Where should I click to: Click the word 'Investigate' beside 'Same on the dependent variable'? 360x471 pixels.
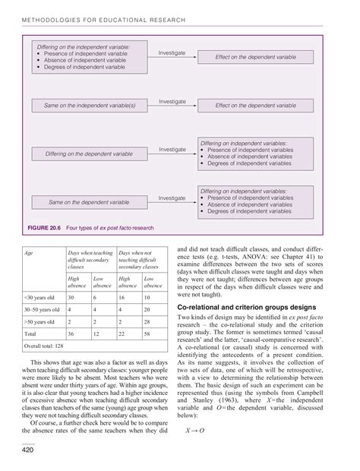[172, 198]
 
